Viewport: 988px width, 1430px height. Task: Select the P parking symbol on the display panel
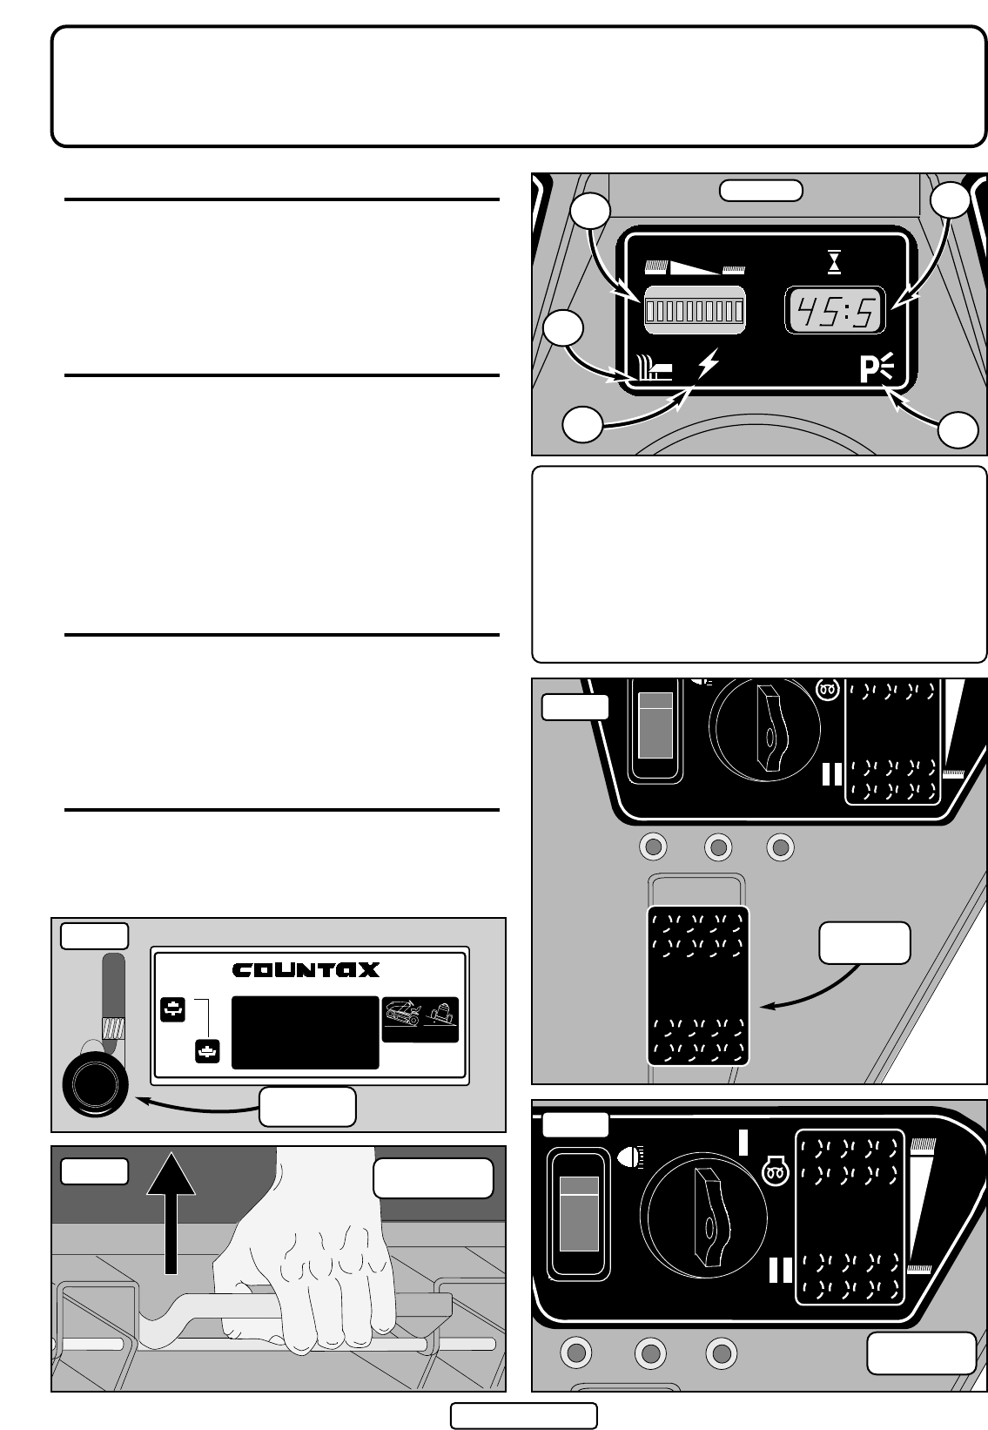pos(875,369)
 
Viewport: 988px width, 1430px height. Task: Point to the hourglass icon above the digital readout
pos(835,262)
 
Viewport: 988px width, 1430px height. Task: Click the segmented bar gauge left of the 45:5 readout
pos(694,310)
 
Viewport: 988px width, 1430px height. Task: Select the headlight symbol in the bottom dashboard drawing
pos(627,1157)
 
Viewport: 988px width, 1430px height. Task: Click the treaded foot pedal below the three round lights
pos(697,985)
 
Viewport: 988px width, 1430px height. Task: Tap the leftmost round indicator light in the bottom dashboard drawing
pos(576,1352)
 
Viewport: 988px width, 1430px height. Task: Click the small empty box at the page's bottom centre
pos(523,1416)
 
